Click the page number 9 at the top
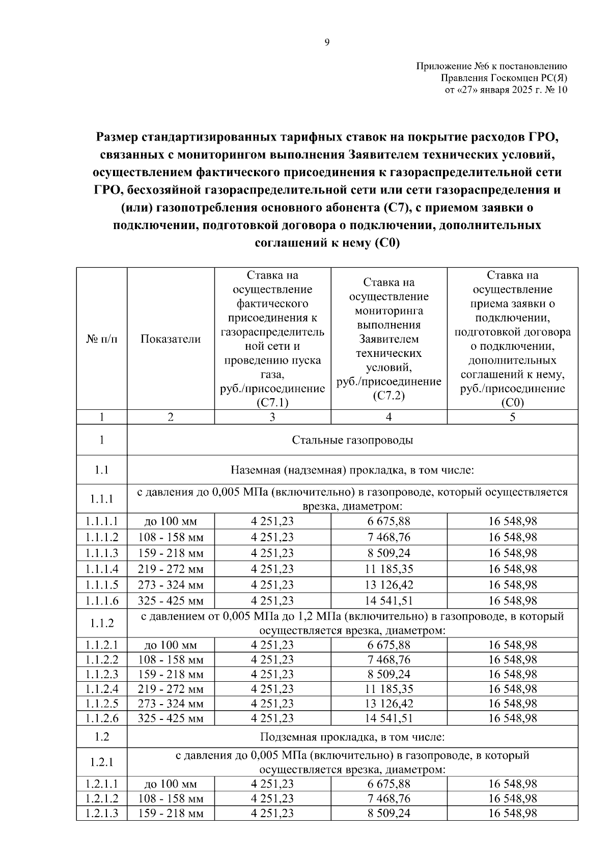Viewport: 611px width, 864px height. click(x=327, y=42)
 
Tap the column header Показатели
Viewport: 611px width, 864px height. click(x=171, y=339)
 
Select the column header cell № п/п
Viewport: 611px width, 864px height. click(x=101, y=339)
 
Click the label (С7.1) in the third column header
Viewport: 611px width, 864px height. click(x=272, y=403)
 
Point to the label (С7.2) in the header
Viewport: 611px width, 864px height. click(x=388, y=396)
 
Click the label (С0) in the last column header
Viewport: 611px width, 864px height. click(x=512, y=403)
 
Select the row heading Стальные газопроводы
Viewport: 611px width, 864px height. click(x=352, y=440)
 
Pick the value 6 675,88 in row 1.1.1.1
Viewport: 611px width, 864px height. click(x=389, y=521)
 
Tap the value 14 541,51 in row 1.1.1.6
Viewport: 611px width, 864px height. click(x=389, y=601)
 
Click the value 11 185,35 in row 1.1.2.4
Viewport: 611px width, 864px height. click(x=389, y=689)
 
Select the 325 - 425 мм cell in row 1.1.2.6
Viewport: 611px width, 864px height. click(x=171, y=718)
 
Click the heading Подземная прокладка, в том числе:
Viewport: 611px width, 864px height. click(x=352, y=737)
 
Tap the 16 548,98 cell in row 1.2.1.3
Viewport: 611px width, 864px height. click(x=512, y=813)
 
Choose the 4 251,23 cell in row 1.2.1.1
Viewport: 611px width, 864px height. click(x=272, y=784)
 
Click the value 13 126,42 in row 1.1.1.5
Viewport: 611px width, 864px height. click(x=389, y=584)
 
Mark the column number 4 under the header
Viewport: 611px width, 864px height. click(x=389, y=417)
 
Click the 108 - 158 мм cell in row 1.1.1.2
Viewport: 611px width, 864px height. click(x=171, y=537)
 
